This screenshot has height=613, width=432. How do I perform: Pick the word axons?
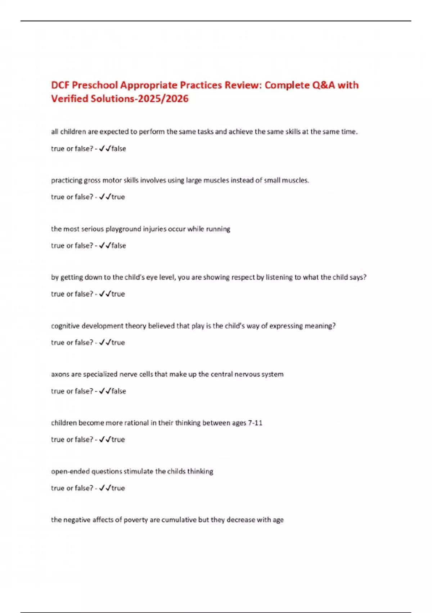(x=60, y=374)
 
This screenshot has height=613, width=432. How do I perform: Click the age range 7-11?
(x=255, y=423)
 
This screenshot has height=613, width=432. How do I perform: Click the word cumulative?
(x=184, y=520)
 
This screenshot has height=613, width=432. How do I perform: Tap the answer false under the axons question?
(x=118, y=391)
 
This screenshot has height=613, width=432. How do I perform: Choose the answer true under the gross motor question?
(x=118, y=197)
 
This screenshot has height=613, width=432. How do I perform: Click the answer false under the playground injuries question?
(x=118, y=246)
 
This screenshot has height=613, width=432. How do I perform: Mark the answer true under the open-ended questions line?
(x=118, y=488)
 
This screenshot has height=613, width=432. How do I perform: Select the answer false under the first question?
(x=118, y=149)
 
